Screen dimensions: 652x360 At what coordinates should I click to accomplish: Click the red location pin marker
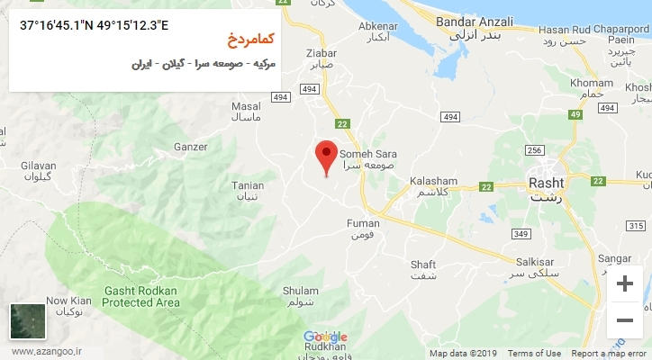pos(327,156)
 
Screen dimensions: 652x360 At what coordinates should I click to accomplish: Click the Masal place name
pos(246,106)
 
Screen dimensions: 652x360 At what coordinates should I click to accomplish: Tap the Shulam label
pos(301,291)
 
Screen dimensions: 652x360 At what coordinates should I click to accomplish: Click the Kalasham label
pos(434,181)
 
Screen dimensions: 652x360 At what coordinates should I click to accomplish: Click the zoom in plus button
pos(624,284)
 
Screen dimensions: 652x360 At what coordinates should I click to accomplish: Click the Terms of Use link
pos(534,354)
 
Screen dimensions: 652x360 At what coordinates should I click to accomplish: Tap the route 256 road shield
pos(534,150)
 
